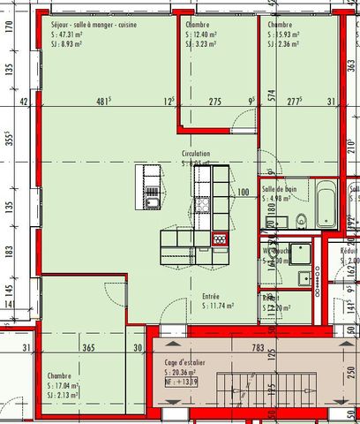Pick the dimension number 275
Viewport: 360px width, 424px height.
(x=214, y=102)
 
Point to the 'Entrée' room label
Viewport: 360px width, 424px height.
(x=211, y=297)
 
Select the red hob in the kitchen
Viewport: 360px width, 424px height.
(x=220, y=238)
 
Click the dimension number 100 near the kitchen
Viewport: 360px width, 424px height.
(x=244, y=192)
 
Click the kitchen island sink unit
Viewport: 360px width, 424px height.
(x=152, y=187)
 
